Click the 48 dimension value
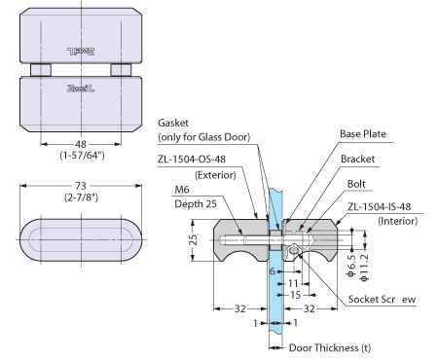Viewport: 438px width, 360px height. click(x=81, y=144)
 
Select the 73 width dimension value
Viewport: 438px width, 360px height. click(x=81, y=186)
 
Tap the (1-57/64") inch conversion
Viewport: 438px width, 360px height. click(x=82, y=156)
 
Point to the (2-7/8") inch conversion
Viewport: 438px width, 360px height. click(x=81, y=198)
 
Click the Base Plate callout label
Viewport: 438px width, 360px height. click(x=363, y=133)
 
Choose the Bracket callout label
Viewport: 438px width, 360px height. click(x=357, y=159)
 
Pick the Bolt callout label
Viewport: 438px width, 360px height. click(x=356, y=184)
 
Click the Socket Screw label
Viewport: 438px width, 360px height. click(x=382, y=299)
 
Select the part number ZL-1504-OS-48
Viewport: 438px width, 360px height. click(x=192, y=159)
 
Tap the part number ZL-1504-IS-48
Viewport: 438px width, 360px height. click(x=380, y=206)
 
